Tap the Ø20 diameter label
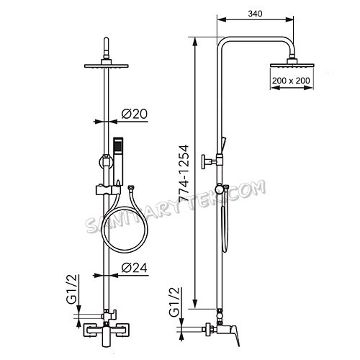[135, 114]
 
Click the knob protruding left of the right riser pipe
[208, 161]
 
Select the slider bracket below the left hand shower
[108, 192]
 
